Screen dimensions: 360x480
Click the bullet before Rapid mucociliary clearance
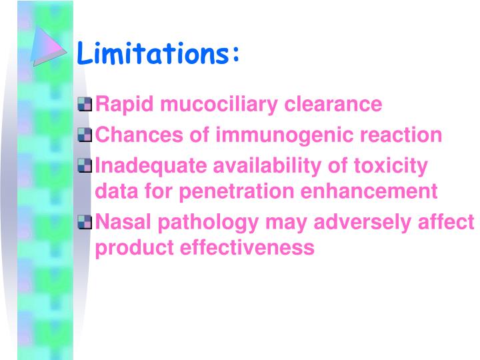(x=85, y=104)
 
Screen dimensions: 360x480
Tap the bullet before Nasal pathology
(x=85, y=221)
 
